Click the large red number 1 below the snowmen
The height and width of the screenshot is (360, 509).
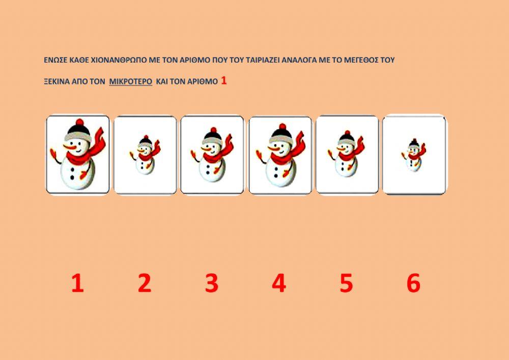tap(77, 283)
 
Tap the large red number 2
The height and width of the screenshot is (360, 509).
tap(145, 283)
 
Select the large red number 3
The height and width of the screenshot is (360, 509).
tap(212, 283)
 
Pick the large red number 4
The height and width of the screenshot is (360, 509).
tap(279, 283)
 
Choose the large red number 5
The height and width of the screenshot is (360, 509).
tap(346, 283)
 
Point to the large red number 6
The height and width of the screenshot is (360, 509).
tap(413, 283)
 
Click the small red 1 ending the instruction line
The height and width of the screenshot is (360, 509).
tap(223, 80)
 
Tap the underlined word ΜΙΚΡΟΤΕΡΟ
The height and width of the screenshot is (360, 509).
tap(130, 81)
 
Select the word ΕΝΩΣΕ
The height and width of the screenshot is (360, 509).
tap(55, 60)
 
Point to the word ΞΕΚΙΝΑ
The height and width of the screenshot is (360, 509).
tap(57, 81)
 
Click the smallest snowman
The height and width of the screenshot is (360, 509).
tap(413, 155)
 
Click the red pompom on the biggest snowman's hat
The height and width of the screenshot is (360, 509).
tap(80, 122)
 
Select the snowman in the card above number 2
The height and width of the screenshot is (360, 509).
tap(145, 155)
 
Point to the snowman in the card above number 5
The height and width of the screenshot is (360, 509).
tap(346, 154)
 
